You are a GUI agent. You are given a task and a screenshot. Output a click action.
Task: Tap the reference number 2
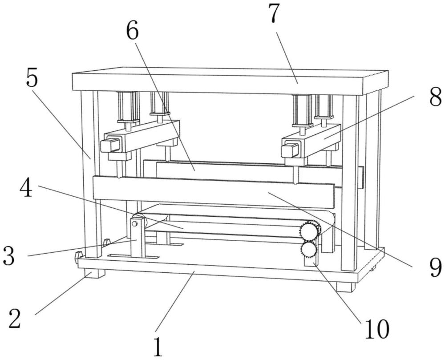(x=15, y=318)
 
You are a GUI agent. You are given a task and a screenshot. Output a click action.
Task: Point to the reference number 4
(x=26, y=187)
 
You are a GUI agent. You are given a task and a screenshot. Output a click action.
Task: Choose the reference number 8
(x=435, y=97)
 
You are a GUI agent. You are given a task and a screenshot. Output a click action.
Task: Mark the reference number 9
(x=435, y=268)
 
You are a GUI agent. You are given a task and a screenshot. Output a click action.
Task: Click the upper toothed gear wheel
(x=309, y=231)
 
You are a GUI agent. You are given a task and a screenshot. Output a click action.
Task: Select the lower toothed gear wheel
(x=309, y=250)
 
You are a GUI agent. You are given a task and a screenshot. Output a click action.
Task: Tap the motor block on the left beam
(x=110, y=144)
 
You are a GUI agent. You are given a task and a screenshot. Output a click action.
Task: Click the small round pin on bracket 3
(x=134, y=224)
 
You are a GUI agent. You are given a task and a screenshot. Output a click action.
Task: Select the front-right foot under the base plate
(x=346, y=286)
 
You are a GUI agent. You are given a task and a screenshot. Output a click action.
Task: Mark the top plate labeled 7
(x=230, y=81)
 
